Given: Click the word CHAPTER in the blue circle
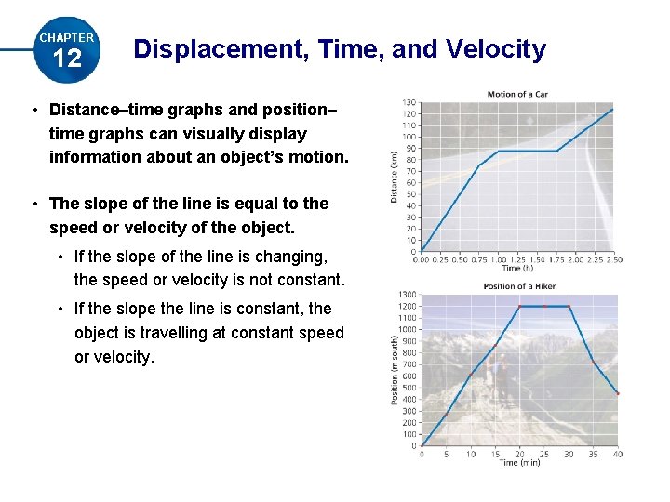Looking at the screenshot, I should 67,38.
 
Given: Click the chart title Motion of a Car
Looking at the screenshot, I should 518,94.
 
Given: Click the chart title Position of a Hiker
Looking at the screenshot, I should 520,286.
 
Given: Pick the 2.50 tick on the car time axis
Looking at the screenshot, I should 613,259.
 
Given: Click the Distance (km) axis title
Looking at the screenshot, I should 395,178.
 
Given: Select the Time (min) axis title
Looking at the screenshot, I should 519,462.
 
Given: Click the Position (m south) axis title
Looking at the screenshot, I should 395,370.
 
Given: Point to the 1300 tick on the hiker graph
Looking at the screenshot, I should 408,295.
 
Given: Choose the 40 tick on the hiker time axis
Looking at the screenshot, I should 618,454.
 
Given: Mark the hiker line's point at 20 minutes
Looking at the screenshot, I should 520,306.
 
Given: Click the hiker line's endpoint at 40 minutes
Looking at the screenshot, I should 618,394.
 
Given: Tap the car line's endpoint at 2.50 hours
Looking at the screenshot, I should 613,110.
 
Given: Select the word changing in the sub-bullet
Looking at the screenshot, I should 289,256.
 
